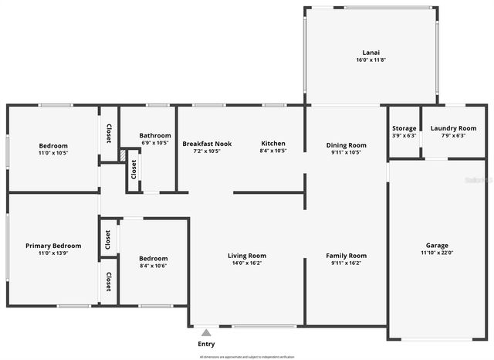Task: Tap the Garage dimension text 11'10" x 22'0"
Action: pos(437,253)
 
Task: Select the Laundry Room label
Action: pos(453,128)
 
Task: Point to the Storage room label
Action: pos(404,128)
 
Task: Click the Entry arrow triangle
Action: pos(206,332)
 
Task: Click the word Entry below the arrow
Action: pos(206,344)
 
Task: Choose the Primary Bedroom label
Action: pos(53,246)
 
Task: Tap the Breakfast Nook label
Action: pos(207,144)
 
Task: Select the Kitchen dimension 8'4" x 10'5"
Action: pos(273,151)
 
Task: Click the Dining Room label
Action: pos(346,144)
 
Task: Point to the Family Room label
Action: pos(346,256)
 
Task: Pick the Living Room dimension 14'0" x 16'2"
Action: pos(247,263)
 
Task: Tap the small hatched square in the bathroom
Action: pos(123,155)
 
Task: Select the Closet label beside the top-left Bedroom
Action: pos(109,134)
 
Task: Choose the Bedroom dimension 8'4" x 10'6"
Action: pos(153,266)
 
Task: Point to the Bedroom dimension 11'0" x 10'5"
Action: pos(53,153)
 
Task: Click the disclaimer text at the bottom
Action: pos(246,357)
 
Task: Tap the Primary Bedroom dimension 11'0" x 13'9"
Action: pos(53,253)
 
